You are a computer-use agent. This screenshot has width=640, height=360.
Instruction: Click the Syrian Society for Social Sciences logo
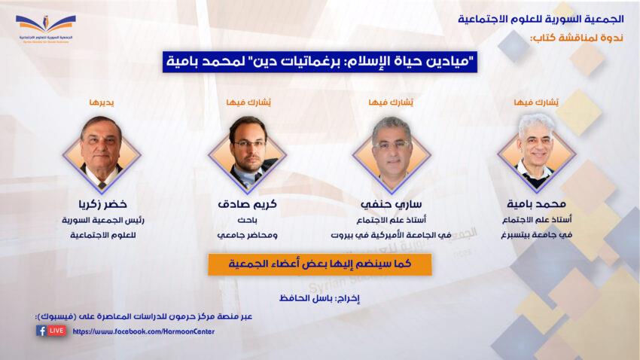pyautogui.click(x=46, y=29)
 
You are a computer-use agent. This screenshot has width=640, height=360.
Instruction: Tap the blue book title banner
pyautogui.click(x=319, y=62)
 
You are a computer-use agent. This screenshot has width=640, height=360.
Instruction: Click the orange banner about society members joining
pyautogui.click(x=319, y=264)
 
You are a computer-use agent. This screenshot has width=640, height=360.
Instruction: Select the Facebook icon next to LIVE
pyautogui.click(x=41, y=330)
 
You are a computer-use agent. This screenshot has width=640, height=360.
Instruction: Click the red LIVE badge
pyautogui.click(x=56, y=330)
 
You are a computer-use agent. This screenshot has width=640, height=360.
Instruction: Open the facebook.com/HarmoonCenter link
pyautogui.click(x=143, y=331)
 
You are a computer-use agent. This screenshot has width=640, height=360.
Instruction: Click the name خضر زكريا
pyautogui.click(x=102, y=203)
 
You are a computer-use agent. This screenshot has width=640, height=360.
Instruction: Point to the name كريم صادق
pyautogui.click(x=248, y=203)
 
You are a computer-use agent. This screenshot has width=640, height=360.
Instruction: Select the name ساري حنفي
pyautogui.click(x=391, y=203)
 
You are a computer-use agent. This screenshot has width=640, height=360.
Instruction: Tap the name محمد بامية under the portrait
pyautogui.click(x=536, y=203)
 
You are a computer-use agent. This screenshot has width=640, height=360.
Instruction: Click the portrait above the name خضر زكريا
pyautogui.click(x=102, y=154)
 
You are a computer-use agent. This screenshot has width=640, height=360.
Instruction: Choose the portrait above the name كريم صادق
pyautogui.click(x=247, y=154)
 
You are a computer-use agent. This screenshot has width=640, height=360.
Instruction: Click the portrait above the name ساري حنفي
pyautogui.click(x=392, y=154)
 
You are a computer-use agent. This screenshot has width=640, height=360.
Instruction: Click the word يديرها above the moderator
pyautogui.click(x=102, y=102)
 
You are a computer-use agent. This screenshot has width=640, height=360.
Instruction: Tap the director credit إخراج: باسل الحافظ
pyautogui.click(x=319, y=298)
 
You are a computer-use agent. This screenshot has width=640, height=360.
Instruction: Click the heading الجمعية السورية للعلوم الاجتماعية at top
pyautogui.click(x=541, y=19)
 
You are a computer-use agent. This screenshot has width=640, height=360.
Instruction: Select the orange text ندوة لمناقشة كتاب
pyautogui.click(x=577, y=38)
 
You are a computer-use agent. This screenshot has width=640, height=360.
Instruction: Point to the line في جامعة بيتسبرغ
pyautogui.click(x=537, y=235)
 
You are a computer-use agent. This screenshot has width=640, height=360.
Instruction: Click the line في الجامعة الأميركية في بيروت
pyautogui.click(x=391, y=235)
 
